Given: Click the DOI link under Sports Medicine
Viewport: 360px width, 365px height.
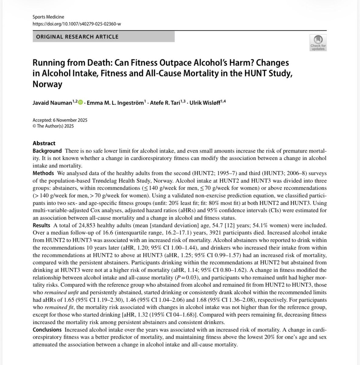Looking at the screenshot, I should tap(77, 24).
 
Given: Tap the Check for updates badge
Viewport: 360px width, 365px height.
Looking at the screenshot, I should tap(318, 43).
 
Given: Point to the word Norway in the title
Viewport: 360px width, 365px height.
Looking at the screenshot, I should tap(47, 84).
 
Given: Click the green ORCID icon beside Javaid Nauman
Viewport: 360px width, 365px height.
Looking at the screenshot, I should tap(80, 103).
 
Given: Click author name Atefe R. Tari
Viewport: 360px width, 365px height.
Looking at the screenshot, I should tap(167, 103).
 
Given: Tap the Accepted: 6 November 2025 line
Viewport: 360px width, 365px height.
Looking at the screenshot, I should tap(60, 120).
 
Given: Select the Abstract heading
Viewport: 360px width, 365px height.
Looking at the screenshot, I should tap(44, 143).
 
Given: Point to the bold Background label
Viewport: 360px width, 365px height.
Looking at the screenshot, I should tap(47, 151).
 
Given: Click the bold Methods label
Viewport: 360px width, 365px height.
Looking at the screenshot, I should tap(43, 173).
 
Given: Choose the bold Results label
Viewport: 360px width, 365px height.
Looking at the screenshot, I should tap(41, 225).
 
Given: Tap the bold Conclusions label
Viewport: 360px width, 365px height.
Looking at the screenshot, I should tap(47, 330).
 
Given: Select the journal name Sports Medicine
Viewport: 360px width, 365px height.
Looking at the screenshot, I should tap(48, 17).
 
